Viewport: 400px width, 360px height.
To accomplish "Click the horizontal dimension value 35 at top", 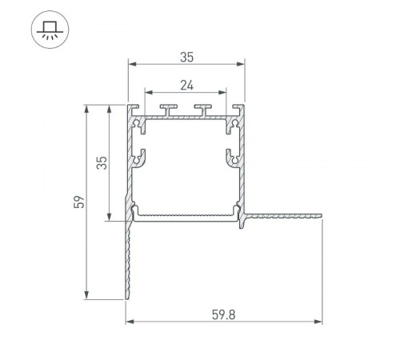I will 186,57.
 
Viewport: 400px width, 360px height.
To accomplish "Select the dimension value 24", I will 186,83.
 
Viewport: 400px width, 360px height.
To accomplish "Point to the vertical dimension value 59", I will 78,202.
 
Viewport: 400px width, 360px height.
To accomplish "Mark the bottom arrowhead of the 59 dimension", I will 86,295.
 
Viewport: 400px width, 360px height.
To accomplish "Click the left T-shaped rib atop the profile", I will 170,109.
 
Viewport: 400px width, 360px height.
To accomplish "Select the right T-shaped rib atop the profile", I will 204,109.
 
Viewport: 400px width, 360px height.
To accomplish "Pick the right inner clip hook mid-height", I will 233,158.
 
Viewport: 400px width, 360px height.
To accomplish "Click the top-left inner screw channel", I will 139,124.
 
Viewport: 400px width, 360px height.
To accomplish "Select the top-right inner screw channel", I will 234,124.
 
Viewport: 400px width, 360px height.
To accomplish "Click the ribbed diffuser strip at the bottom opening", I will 186,214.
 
